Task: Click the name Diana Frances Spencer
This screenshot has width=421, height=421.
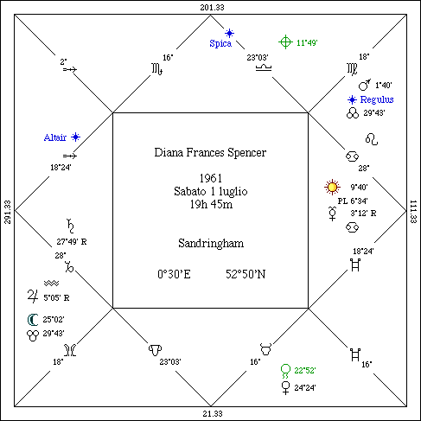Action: click(210, 152)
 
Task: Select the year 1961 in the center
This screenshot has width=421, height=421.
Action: click(211, 178)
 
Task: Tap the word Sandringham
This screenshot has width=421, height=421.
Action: click(211, 244)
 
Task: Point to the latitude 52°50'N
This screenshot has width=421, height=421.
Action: click(246, 274)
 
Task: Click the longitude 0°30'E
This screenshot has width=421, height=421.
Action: click(174, 274)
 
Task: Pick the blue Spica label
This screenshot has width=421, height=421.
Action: click(220, 43)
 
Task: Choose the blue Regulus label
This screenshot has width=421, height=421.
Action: click(377, 99)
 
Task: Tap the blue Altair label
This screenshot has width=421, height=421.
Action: click(55, 137)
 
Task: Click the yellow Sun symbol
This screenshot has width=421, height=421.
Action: click(332, 188)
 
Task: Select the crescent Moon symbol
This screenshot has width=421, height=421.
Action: click(32, 320)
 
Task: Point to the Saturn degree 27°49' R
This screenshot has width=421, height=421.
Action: click(72, 242)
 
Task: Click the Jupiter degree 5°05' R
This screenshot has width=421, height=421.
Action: click(56, 297)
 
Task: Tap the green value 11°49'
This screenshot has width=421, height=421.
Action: click(307, 43)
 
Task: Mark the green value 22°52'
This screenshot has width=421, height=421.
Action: click(305, 370)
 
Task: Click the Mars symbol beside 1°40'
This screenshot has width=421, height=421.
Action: click(365, 85)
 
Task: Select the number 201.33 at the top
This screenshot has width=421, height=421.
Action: click(212, 7)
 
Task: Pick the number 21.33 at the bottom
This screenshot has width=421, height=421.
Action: click(213, 414)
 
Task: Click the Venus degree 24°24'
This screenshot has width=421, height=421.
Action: click(305, 388)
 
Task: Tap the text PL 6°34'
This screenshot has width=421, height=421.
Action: click(353, 201)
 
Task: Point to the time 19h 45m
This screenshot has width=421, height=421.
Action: click(211, 204)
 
